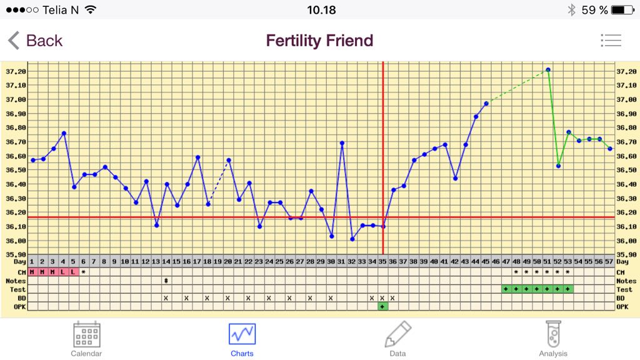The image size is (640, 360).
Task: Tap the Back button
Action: (x=35, y=41)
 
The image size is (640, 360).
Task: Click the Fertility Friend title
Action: (x=319, y=41)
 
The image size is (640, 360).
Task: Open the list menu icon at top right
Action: (x=611, y=41)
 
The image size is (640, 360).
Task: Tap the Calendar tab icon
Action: (x=86, y=334)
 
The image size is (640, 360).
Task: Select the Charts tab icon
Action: (x=242, y=334)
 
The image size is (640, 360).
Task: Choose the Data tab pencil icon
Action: (x=397, y=334)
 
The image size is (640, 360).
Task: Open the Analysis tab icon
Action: (x=553, y=334)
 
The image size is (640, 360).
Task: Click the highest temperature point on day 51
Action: (x=547, y=70)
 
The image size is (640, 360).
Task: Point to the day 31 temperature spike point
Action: (x=342, y=143)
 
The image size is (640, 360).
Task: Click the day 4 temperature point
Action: (x=64, y=133)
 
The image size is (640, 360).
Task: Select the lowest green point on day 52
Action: (x=558, y=166)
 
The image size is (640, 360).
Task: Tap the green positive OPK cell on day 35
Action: (x=382, y=306)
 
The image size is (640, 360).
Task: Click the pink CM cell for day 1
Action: (x=32, y=272)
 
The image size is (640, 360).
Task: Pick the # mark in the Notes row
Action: (x=166, y=281)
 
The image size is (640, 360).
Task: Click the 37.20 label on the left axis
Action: (x=16, y=71)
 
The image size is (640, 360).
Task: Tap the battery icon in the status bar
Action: (x=622, y=10)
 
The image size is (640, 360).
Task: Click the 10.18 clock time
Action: (x=321, y=10)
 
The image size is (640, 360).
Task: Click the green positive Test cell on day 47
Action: (x=506, y=289)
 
